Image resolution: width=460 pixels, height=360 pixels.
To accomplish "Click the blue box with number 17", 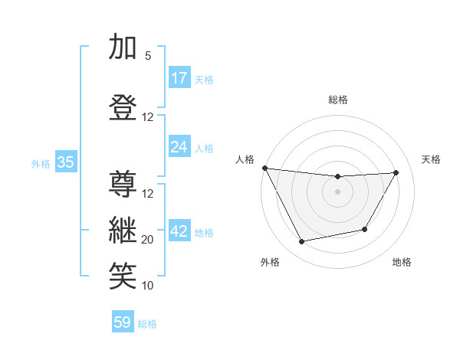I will pos(179,78).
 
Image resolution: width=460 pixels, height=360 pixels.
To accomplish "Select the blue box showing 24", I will pos(179,146).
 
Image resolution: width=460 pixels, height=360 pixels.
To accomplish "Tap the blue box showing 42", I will pos(179,231).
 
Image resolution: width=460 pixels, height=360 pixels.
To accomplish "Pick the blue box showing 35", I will pos(65,162).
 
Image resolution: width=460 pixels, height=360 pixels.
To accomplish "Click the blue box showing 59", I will pos(123,322).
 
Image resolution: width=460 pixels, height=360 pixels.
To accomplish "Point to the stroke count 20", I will pos(148,240).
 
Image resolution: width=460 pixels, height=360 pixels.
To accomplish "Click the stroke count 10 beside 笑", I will pos(148,286).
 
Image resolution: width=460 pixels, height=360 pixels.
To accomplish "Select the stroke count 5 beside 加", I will pos(148,56).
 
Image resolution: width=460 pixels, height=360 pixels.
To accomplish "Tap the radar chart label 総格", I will pos(337,100).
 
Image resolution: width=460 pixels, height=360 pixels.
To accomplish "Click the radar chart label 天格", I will pos(431,159).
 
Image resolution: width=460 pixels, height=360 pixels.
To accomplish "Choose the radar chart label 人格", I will pos(245,159).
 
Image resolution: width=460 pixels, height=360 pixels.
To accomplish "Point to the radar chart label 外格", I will pos(270,262).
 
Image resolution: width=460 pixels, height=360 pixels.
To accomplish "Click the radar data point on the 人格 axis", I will pos(265,168).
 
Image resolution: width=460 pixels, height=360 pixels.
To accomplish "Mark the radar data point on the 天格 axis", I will pos(396,172).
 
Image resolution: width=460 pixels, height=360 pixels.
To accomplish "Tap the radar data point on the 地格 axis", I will pos(365,229).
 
